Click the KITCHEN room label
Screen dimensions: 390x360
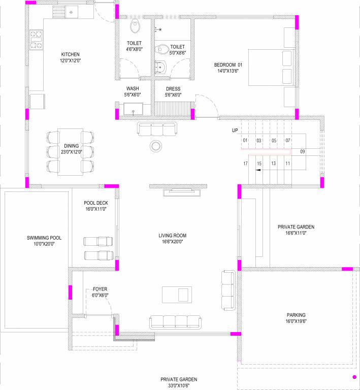tap(71, 54)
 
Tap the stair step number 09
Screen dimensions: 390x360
tap(303, 151)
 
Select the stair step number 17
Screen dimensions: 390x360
tap(245, 164)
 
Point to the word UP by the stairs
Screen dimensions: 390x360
tap(235, 131)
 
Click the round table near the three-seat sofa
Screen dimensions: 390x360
tap(156, 146)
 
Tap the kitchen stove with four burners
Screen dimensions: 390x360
tap(36, 40)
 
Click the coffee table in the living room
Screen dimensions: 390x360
tap(174, 294)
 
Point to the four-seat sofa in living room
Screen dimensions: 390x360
tap(174, 321)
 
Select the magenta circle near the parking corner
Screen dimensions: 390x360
tap(354, 377)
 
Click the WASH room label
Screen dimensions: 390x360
tap(133, 88)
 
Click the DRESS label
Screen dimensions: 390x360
tap(173, 89)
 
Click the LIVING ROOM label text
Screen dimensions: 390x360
tap(173, 236)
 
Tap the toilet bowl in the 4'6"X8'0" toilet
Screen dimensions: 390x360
tap(135, 26)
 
